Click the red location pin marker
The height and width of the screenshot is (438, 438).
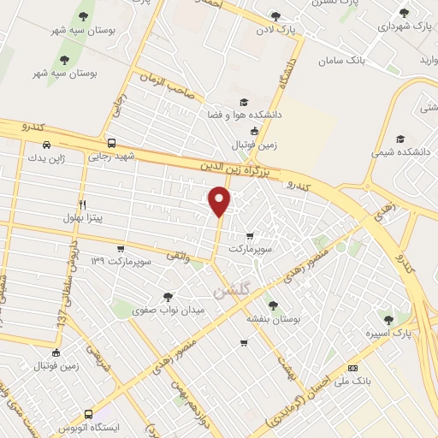click(220, 201)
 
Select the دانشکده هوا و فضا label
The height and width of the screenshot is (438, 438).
click(246, 113)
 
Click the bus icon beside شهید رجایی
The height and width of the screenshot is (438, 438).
click(112, 144)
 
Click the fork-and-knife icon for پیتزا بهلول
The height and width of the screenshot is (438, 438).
click(83, 204)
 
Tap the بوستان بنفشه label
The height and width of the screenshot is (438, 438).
click(272, 317)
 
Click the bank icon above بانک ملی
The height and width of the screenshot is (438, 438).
click(352, 368)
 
